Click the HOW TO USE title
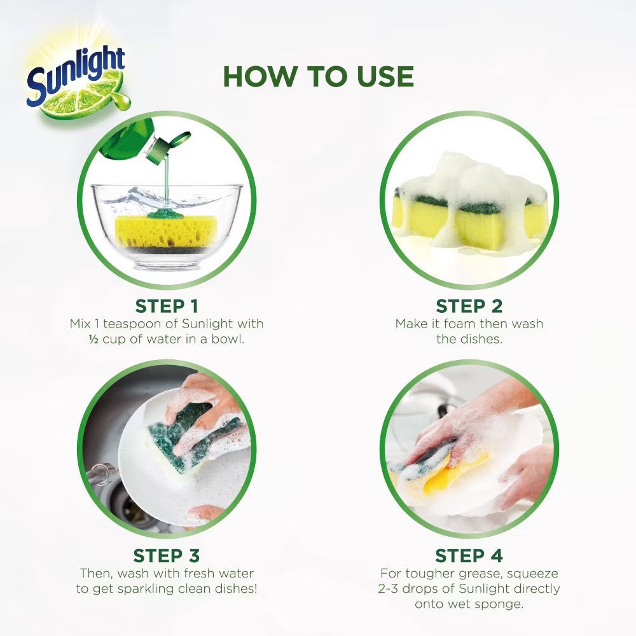318,76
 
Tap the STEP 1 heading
167,305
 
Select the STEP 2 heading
469,305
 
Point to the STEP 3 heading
167,555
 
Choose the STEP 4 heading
469,555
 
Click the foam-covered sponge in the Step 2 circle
469,204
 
